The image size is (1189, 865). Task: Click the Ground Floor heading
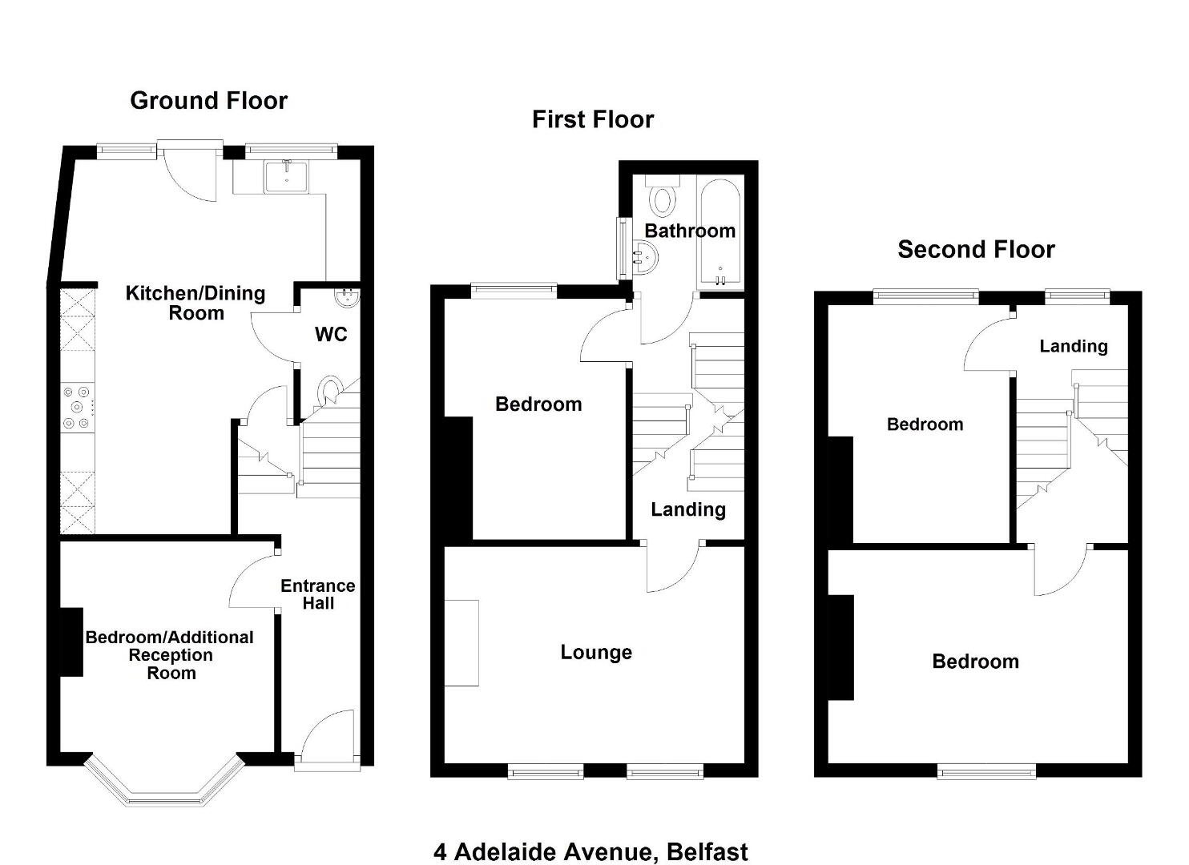tap(208, 101)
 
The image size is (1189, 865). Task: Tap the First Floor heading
tap(593, 119)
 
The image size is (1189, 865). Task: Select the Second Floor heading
tap(976, 249)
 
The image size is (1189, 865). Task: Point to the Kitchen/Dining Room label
tap(195, 303)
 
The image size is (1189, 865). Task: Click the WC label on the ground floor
tap(331, 334)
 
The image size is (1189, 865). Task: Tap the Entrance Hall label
tap(318, 594)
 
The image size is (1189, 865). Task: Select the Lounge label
tap(596, 652)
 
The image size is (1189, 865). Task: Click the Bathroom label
tap(690, 231)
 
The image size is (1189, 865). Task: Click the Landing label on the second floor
tap(1074, 346)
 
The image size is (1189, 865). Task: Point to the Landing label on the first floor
tap(688, 509)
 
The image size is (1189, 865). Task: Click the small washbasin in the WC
tap(349, 297)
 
